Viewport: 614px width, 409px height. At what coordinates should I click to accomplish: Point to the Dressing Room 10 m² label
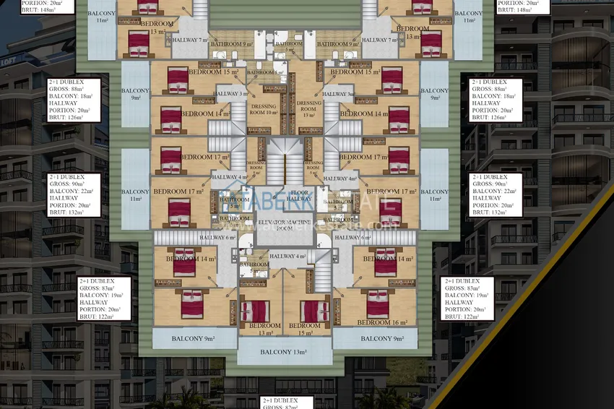(263, 108)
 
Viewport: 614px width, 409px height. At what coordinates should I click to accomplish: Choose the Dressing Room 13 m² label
(308, 108)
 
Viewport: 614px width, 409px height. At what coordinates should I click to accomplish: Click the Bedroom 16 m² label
(383, 322)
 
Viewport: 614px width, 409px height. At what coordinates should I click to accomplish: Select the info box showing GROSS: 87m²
(287, 403)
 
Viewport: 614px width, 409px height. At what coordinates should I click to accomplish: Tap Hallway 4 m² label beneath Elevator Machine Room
(287, 256)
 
